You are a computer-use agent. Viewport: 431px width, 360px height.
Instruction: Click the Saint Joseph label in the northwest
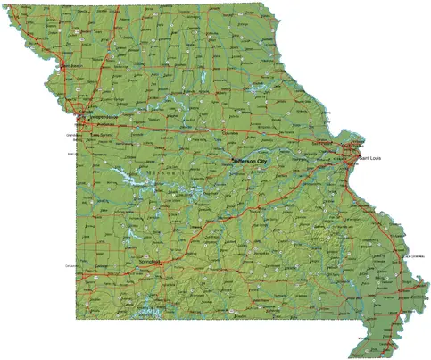(70, 66)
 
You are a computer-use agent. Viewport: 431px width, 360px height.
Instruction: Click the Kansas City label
(85, 112)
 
